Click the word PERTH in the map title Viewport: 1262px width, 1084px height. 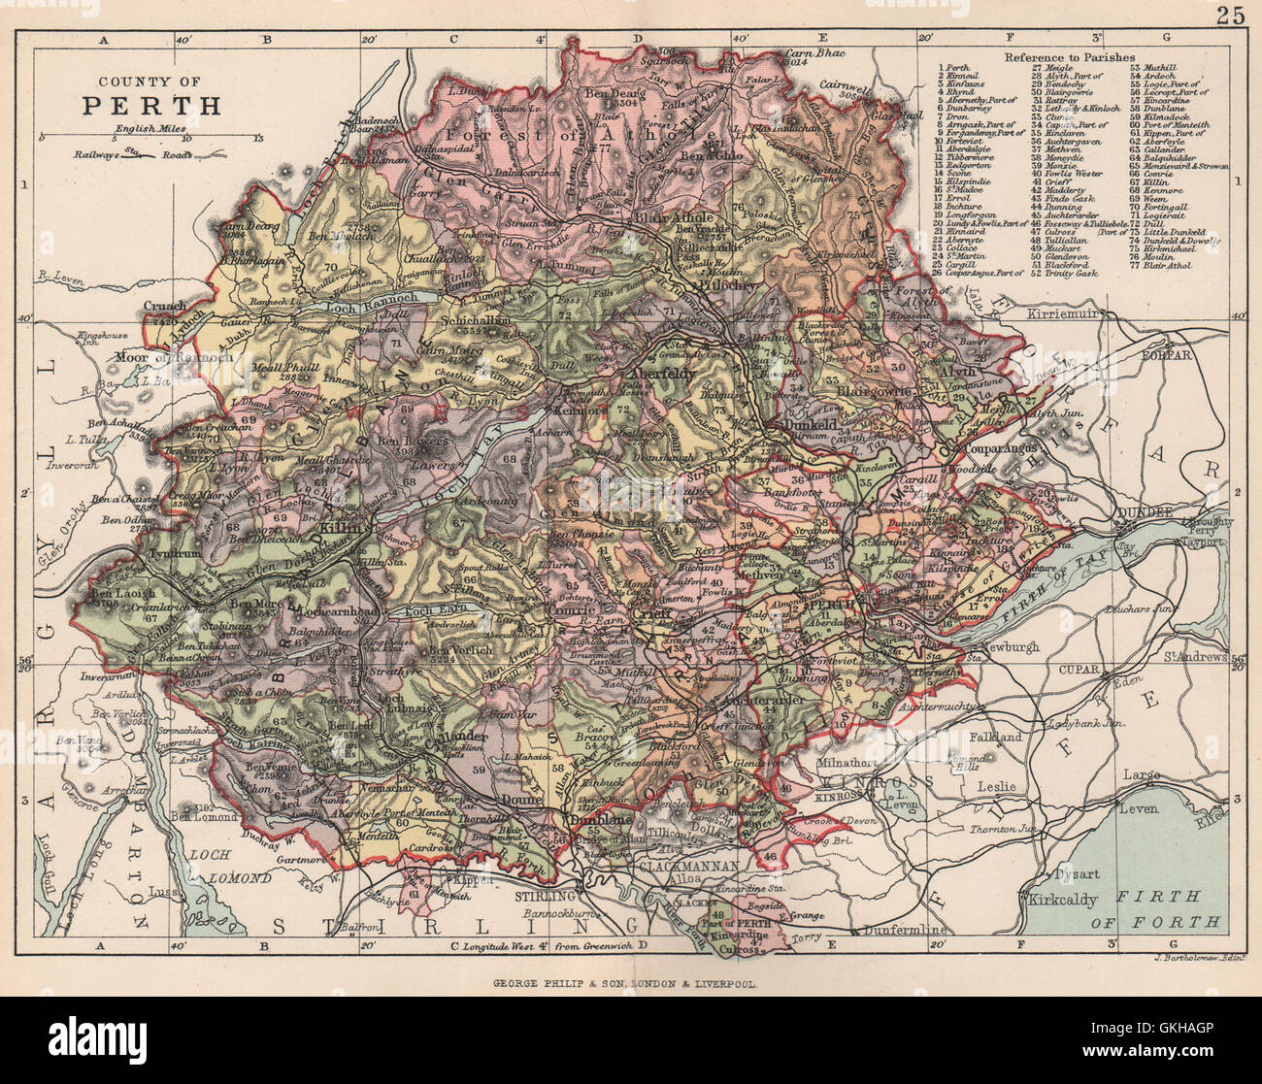coord(150,106)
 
